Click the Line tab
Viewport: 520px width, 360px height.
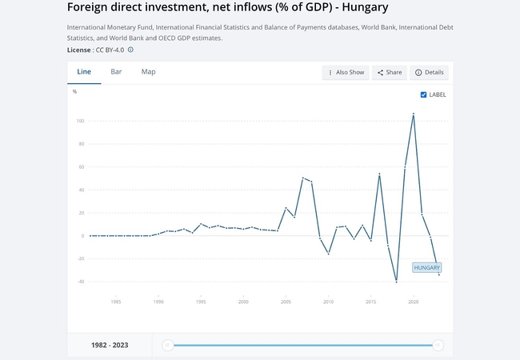[x=84, y=72]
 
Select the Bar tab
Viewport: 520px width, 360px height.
[x=117, y=72]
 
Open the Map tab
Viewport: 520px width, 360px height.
[x=148, y=72]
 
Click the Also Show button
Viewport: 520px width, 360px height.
[x=345, y=73]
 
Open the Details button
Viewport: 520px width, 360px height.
[x=429, y=73]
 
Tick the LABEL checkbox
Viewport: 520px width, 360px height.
[x=424, y=94]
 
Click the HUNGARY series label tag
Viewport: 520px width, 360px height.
[x=427, y=267]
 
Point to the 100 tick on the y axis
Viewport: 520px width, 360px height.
[x=81, y=121]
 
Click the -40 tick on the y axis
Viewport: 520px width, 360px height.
[x=81, y=282]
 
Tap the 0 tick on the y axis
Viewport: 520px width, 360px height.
[x=82, y=236]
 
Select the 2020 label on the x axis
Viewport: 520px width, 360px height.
[x=413, y=302]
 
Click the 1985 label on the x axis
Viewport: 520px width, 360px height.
[x=116, y=302]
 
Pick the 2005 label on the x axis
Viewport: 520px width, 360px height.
[x=286, y=302]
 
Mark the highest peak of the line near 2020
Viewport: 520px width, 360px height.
[x=413, y=114]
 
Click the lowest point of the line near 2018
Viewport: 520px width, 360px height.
[x=396, y=282]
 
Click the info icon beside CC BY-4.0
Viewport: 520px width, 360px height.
[x=130, y=50]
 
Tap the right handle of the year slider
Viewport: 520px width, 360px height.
[x=438, y=346]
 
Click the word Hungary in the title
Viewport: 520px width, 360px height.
[x=356, y=8]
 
